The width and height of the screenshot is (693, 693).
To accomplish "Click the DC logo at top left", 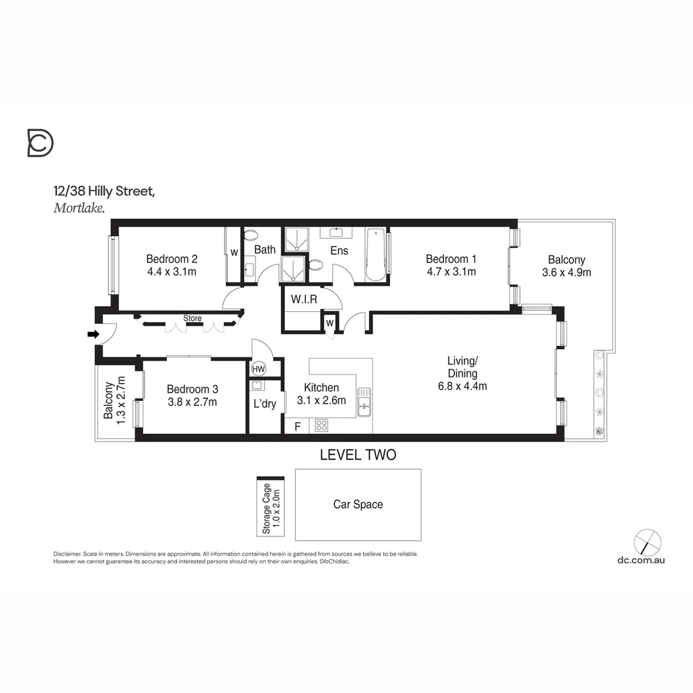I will pyautogui.click(x=40, y=142).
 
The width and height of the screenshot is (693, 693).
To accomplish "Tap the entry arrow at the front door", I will pyautogui.click(x=93, y=334).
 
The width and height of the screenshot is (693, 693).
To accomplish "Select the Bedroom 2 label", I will pyautogui.click(x=171, y=259).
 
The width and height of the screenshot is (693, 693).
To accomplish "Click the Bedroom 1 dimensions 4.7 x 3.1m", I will pyautogui.click(x=451, y=271).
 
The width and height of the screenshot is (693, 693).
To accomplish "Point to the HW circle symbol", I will pyautogui.click(x=259, y=369).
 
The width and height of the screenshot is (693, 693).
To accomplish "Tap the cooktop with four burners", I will pyautogui.click(x=321, y=425).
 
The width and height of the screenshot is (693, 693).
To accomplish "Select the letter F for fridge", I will pyautogui.click(x=297, y=425).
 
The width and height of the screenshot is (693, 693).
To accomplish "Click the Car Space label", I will pyautogui.click(x=358, y=504).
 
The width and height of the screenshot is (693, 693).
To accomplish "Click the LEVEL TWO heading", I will pyautogui.click(x=358, y=455).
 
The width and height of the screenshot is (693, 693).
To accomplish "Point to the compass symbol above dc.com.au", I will pyautogui.click(x=647, y=542).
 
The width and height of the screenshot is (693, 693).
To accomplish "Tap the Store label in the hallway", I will pyautogui.click(x=193, y=318).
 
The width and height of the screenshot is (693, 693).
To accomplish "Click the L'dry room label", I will pyautogui.click(x=264, y=404).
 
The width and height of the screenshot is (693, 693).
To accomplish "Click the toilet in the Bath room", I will pyautogui.click(x=250, y=235).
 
